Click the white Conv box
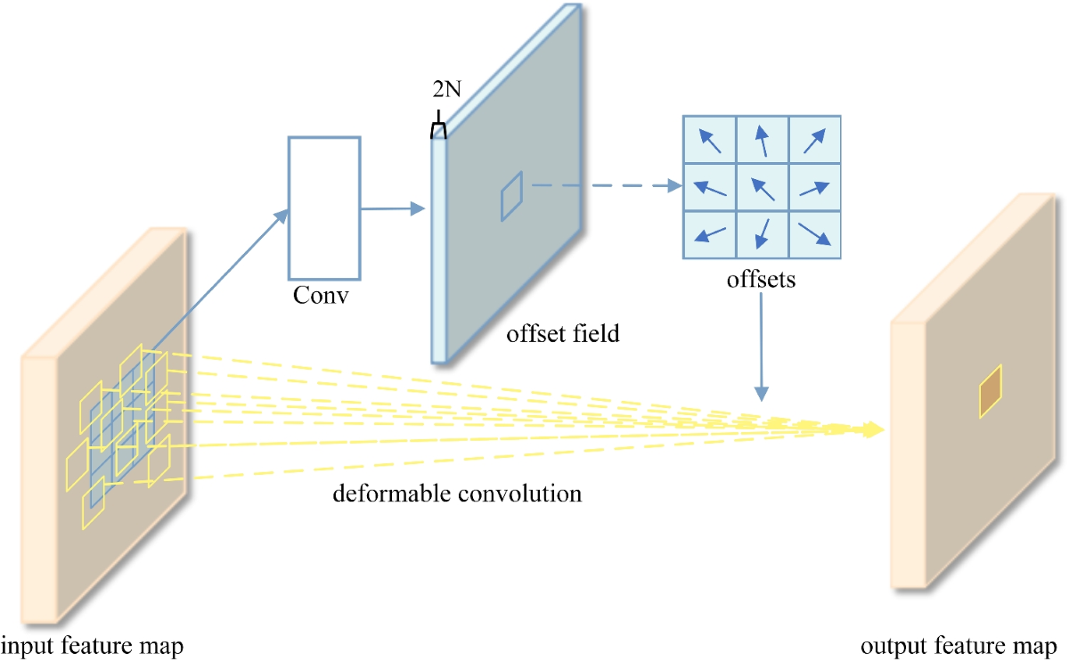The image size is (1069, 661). coord(323,208)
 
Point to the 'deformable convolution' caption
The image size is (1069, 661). coord(457,493)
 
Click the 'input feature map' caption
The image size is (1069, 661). coord(92,645)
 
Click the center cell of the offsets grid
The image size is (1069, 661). coord(762,187)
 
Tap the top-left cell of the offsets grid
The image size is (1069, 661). coord(709,140)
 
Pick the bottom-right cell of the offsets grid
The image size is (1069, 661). coord(814,234)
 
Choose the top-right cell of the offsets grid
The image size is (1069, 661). coord(814,140)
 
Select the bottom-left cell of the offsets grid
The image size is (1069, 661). coord(709,234)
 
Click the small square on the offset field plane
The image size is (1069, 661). coord(510,196)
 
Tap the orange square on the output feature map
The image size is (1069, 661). coord(990,391)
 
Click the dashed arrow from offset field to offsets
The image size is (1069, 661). coord(601,186)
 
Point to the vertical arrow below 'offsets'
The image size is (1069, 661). coord(761,347)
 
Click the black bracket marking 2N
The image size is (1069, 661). coord(437,131)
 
